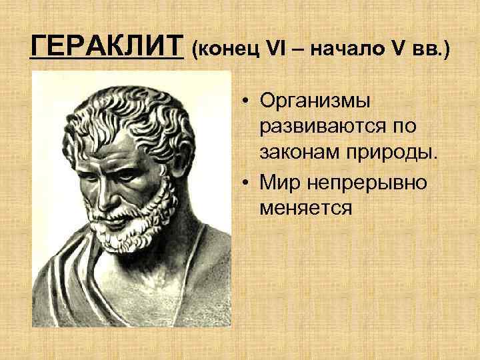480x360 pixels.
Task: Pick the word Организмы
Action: point(316,101)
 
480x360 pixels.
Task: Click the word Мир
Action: point(279,181)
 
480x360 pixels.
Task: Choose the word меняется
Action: point(306,208)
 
